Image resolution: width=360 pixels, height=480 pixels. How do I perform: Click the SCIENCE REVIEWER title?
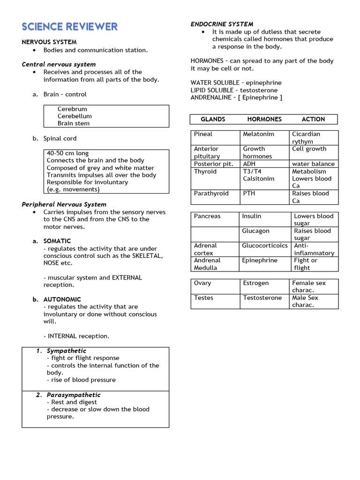point(69,27)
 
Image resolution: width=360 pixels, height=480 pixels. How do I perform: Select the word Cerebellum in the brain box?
point(75,116)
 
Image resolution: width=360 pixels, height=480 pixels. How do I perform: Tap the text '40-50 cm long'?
point(67,153)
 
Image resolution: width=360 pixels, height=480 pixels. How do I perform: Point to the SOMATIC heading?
point(57,241)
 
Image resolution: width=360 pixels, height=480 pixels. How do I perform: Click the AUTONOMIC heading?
point(62,299)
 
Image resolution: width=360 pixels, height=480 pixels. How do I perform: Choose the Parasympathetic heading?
point(73,395)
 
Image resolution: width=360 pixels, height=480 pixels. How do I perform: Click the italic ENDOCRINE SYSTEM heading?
point(222,24)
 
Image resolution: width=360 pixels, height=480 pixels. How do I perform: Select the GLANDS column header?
point(213,119)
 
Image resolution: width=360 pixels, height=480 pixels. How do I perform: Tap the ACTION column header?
point(313,119)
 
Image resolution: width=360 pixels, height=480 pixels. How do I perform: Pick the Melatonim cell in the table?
point(258,134)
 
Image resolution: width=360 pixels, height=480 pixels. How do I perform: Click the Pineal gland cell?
point(203,134)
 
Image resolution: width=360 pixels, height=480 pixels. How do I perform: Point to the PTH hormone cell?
point(249,193)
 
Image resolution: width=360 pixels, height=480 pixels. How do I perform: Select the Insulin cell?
point(252,216)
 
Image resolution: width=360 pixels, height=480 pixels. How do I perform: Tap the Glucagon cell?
point(255,231)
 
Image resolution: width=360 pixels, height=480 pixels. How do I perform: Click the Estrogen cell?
point(255,283)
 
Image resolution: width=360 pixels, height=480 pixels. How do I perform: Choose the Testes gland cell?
point(203,298)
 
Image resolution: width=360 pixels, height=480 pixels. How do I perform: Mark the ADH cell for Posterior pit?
point(249,164)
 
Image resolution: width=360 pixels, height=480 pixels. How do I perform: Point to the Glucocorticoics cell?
point(265,246)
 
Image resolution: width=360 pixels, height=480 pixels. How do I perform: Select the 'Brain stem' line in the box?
point(74,123)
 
